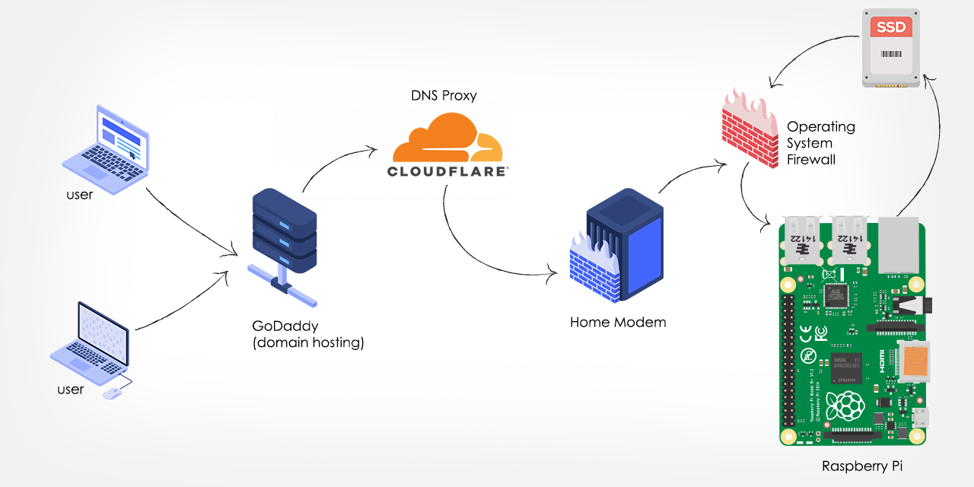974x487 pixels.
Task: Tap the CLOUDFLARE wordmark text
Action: click(x=447, y=171)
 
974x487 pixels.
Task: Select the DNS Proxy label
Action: click(x=444, y=96)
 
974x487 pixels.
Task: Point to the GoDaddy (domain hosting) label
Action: click(x=308, y=334)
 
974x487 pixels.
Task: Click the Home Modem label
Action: click(x=618, y=322)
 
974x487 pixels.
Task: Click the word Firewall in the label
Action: click(x=811, y=160)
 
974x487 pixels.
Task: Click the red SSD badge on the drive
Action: click(x=891, y=27)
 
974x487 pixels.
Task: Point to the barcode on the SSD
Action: click(x=891, y=55)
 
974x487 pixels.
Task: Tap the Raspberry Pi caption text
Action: click(x=862, y=466)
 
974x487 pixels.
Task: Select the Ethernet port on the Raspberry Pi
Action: click(x=901, y=243)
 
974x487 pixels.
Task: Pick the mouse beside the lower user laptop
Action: click(x=112, y=393)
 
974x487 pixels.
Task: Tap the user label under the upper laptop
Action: click(x=79, y=194)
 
